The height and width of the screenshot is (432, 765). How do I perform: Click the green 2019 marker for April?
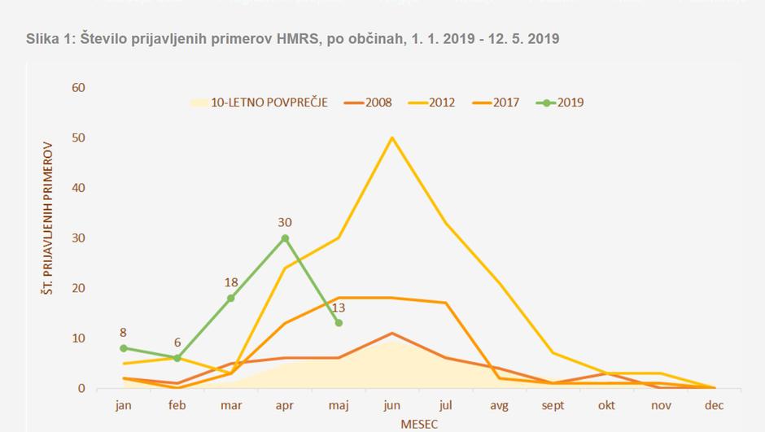pyautogui.click(x=285, y=238)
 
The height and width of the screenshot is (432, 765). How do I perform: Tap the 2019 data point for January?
pyautogui.click(x=123, y=348)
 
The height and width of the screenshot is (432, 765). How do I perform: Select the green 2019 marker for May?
pyautogui.click(x=339, y=323)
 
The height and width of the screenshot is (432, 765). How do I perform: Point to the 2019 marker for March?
pyautogui.click(x=231, y=298)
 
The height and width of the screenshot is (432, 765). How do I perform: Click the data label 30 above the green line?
pyautogui.click(x=285, y=222)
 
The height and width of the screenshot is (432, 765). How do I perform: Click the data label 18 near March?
pyautogui.click(x=231, y=282)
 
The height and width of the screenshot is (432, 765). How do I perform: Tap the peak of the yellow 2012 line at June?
pyautogui.click(x=392, y=137)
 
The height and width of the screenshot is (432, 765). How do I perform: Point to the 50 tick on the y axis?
pyautogui.click(x=78, y=137)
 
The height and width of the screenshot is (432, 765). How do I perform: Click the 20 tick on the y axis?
pyautogui.click(x=78, y=288)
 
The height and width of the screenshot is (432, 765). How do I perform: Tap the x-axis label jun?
pyautogui.click(x=392, y=404)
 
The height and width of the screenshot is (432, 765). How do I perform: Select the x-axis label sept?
pyautogui.click(x=553, y=404)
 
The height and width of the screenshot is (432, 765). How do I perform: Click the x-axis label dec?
pyautogui.click(x=715, y=404)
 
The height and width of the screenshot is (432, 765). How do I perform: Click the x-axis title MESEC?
pyautogui.click(x=419, y=424)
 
